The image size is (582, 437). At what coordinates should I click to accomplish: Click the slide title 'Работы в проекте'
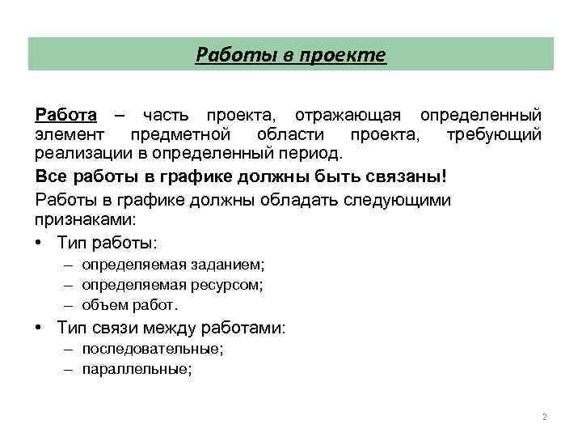click(x=291, y=55)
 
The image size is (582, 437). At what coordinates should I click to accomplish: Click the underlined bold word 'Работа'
click(x=65, y=115)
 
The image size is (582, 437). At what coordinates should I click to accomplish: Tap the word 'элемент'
click(x=70, y=134)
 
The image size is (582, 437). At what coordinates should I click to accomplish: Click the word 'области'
click(x=291, y=134)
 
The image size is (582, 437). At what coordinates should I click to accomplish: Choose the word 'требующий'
click(x=494, y=134)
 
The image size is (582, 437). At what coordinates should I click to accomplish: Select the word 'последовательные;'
click(x=153, y=349)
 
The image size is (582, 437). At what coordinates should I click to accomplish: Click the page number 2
click(x=544, y=418)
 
